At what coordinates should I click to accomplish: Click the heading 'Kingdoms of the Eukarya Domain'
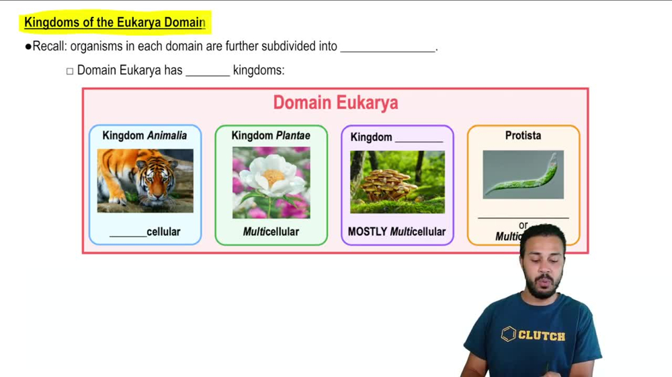[114, 22]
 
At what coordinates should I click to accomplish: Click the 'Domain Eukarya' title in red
[335, 103]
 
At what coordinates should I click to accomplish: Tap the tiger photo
[145, 180]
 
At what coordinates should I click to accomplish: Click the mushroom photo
[397, 182]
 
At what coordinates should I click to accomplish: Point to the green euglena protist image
[523, 174]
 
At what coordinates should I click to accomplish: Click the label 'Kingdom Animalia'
[144, 136]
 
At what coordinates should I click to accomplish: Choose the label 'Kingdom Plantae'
[271, 136]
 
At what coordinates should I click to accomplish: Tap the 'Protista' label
[523, 136]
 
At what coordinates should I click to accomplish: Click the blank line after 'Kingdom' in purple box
[419, 140]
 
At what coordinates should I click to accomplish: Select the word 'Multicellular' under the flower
[271, 231]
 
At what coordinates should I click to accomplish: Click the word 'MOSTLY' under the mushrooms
[367, 231]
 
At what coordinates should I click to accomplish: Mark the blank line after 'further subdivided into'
[388, 50]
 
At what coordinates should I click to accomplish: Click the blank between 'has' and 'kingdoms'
[208, 73]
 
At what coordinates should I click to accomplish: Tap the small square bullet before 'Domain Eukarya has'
[70, 71]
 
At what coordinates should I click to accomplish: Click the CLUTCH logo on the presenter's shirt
[534, 334]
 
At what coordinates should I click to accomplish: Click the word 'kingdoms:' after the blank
[259, 70]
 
